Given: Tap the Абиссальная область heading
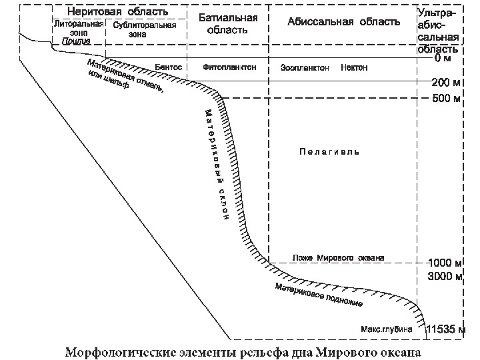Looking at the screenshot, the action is click(x=343, y=21).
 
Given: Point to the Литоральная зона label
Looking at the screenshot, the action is click(x=79, y=27).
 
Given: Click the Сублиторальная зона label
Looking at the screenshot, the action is click(x=144, y=29).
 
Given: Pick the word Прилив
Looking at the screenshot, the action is click(x=76, y=41).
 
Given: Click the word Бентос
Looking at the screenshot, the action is click(x=168, y=67).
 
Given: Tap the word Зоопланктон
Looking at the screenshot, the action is click(x=305, y=68).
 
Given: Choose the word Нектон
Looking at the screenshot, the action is click(x=353, y=68).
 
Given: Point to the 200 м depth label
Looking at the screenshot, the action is click(x=445, y=83).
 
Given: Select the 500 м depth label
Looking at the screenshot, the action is click(x=445, y=99).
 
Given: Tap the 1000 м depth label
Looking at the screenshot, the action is click(x=444, y=263).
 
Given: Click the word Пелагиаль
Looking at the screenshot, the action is click(x=329, y=152).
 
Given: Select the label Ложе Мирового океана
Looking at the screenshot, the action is click(x=339, y=258).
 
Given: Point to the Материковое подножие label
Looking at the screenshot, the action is click(x=319, y=294).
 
